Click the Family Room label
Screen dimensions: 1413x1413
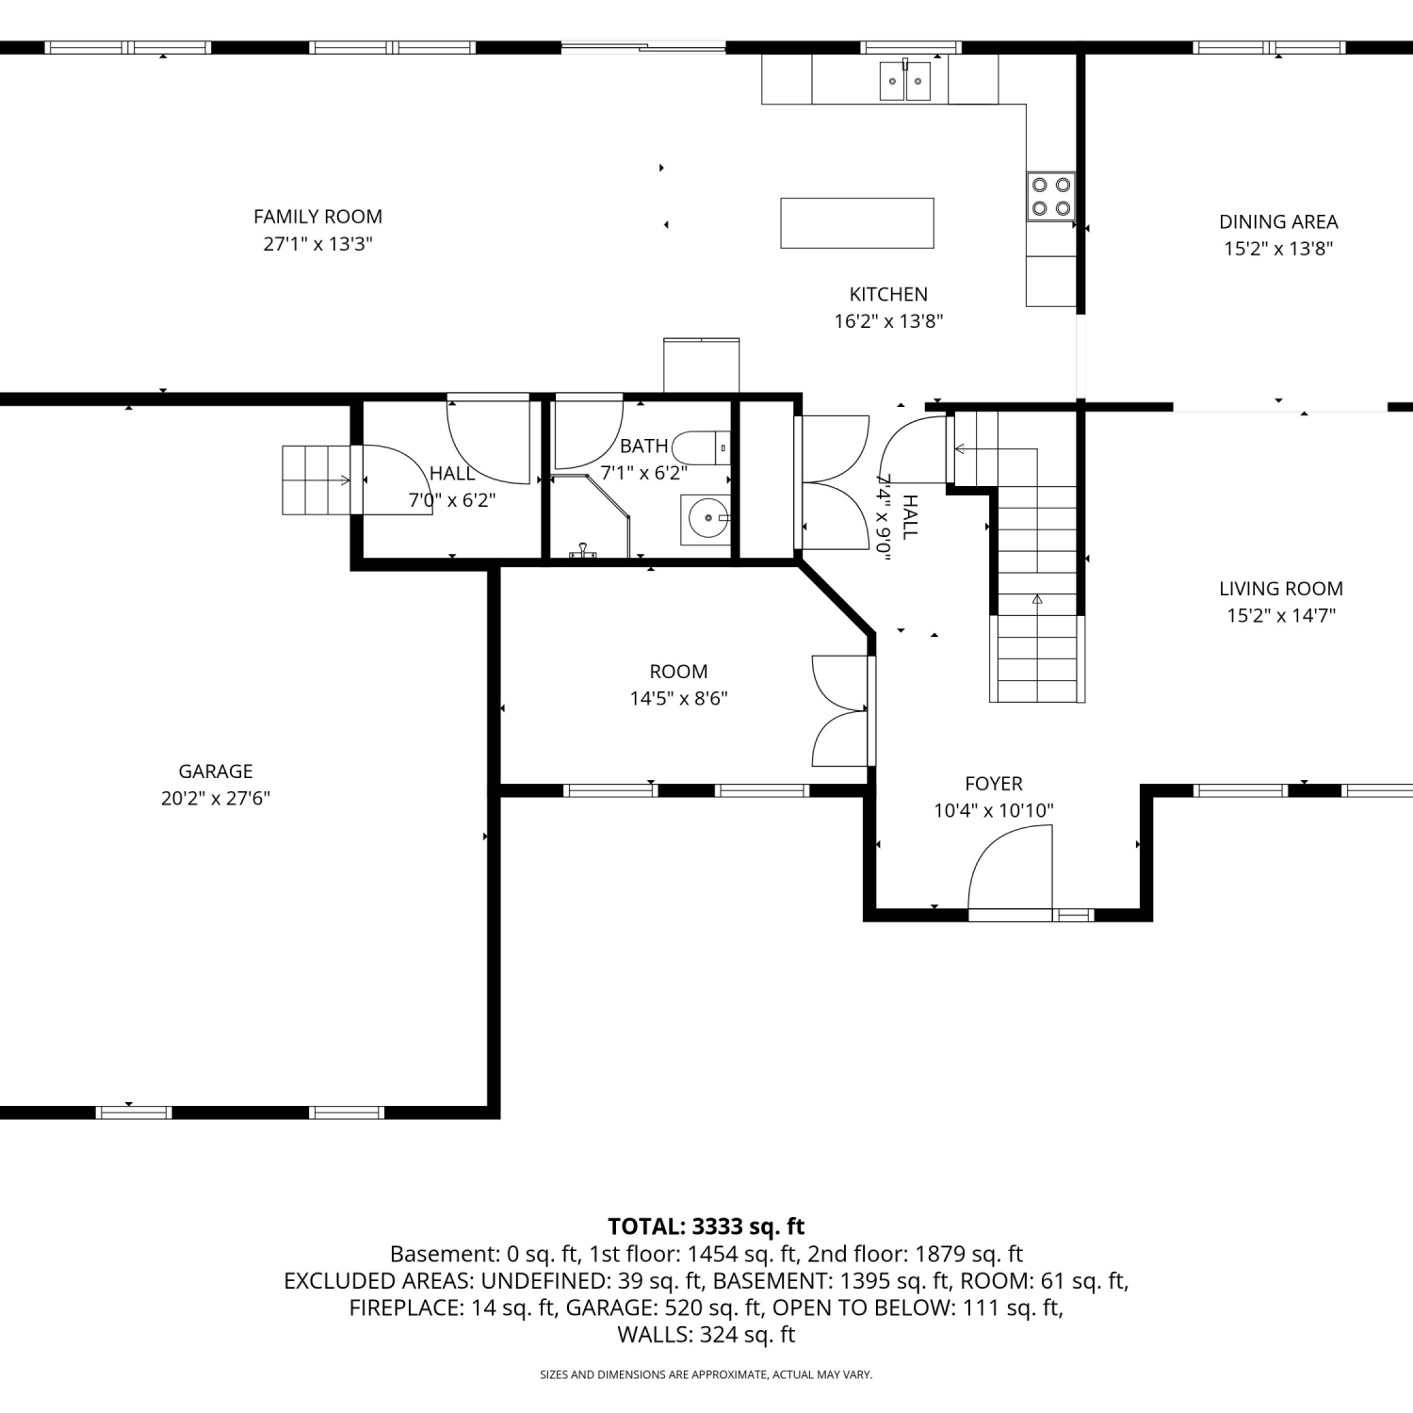click(317, 217)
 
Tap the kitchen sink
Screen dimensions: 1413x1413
click(905, 80)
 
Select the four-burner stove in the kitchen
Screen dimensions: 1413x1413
click(1051, 197)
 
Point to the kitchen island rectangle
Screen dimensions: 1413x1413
click(857, 223)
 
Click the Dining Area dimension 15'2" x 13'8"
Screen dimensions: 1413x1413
click(1278, 249)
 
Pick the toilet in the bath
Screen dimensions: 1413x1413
click(702, 447)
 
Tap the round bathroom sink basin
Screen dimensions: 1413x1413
click(706, 518)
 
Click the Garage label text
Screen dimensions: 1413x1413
click(216, 771)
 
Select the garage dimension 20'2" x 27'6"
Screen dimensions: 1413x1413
click(216, 798)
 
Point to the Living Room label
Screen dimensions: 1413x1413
click(1281, 589)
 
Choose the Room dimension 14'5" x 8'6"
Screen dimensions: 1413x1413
click(678, 698)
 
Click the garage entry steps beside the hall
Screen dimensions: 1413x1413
click(317, 480)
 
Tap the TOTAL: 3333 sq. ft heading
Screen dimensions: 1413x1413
click(706, 1226)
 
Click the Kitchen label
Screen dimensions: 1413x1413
click(888, 294)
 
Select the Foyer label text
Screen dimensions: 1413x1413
click(994, 784)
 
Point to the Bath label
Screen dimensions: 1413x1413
click(644, 446)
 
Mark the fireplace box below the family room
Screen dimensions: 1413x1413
click(702, 365)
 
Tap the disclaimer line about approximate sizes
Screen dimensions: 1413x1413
click(706, 1374)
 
